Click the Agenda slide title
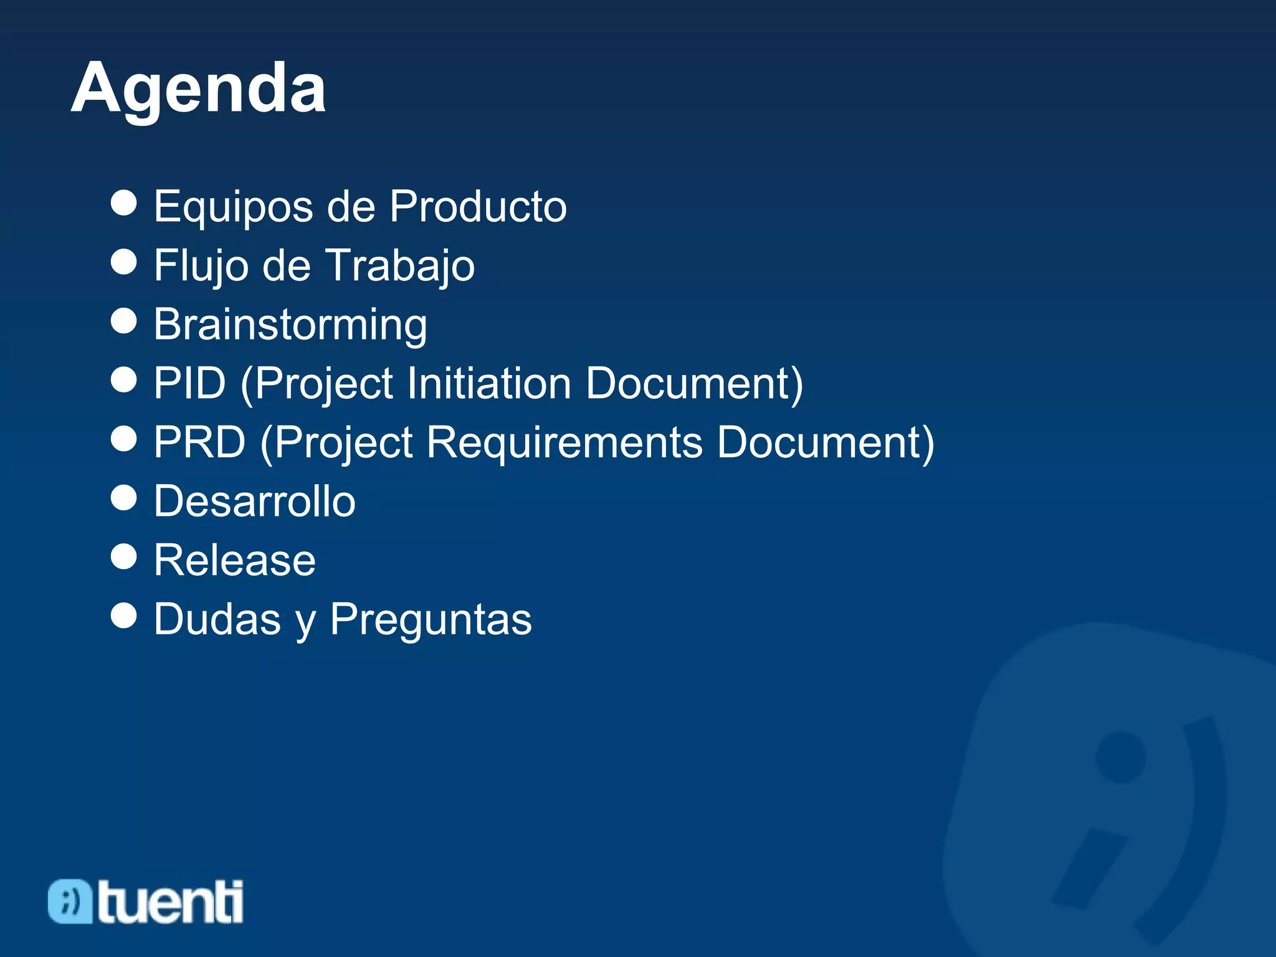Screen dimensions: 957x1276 [x=198, y=89]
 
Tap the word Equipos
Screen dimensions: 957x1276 [x=234, y=207]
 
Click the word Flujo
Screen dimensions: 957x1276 [x=201, y=266]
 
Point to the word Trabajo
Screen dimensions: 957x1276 [x=400, y=266]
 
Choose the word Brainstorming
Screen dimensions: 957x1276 [x=290, y=325]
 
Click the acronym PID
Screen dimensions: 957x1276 [x=189, y=383]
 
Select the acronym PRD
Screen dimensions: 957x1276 [x=199, y=442]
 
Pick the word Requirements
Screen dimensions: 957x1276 [x=564, y=442]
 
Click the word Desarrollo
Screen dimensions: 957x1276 [x=255, y=501]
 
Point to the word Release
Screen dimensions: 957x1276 [x=235, y=560]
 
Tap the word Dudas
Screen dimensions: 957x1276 [x=217, y=619]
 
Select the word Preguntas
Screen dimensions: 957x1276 [x=431, y=619]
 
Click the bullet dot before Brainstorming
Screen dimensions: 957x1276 [x=123, y=321]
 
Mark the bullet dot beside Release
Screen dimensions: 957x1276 [x=123, y=556]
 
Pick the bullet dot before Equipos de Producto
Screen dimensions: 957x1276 [x=123, y=203]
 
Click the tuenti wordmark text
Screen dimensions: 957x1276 [x=170, y=902]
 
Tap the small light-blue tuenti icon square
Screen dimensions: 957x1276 [x=70, y=902]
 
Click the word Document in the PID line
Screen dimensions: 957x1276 [x=693, y=383]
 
